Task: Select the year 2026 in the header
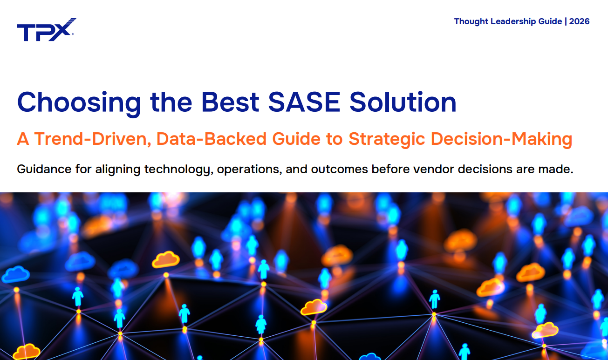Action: coord(580,21)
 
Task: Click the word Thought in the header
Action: coord(471,21)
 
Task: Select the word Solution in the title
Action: coord(403,102)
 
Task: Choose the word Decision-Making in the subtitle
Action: coord(501,139)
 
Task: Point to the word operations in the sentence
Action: coord(249,169)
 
